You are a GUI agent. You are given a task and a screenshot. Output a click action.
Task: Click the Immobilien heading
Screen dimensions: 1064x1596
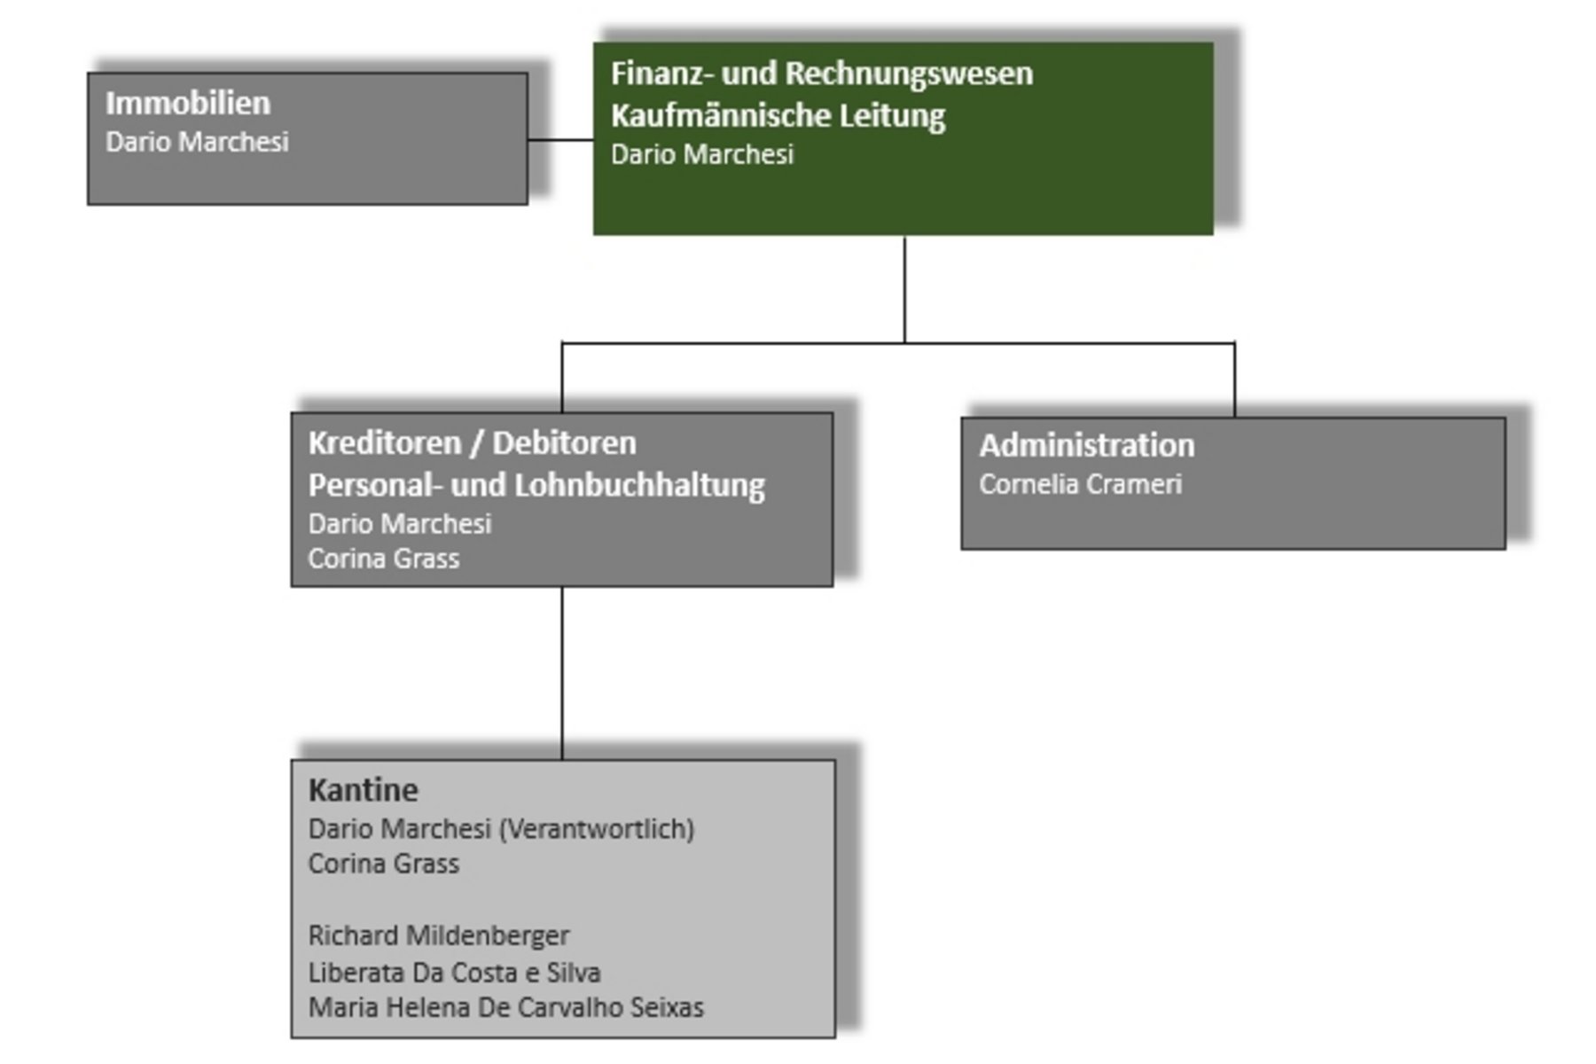coord(188,103)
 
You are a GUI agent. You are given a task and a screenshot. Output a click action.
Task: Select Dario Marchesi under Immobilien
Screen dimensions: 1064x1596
coord(197,142)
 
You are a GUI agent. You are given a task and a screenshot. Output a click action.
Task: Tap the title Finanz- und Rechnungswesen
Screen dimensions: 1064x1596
coord(821,73)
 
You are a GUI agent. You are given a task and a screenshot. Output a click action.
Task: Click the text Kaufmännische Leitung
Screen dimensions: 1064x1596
coord(778,115)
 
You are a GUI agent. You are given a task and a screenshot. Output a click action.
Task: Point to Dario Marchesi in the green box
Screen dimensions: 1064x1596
coord(701,154)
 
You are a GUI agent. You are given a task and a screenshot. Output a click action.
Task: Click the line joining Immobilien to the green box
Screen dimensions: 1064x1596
coord(560,139)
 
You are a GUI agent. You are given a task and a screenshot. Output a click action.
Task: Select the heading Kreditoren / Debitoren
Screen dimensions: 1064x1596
coord(472,442)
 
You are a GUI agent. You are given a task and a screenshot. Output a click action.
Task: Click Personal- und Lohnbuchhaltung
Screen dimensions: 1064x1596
coord(536,485)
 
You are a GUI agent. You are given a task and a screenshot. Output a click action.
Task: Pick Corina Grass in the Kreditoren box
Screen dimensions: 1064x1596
coord(383,559)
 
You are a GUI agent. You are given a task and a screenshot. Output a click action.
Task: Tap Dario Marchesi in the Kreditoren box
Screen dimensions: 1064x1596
coord(399,524)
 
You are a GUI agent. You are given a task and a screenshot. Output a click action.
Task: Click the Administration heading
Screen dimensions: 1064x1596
coord(1086,445)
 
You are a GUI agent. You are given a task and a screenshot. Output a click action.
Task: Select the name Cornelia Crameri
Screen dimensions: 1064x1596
coord(1080,484)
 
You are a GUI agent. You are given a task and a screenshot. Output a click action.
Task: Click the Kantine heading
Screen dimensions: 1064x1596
coord(363,789)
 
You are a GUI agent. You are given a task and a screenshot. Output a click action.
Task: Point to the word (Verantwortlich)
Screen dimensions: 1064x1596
coord(597,829)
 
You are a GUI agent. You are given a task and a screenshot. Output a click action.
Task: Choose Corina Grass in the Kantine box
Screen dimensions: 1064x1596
coord(383,864)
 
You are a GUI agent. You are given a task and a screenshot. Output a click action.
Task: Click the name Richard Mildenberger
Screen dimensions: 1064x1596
coord(438,935)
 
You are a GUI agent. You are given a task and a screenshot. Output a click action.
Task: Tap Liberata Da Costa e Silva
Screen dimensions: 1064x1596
coord(454,973)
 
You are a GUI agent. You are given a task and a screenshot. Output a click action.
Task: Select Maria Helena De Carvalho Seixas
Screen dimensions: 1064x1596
coord(505,1008)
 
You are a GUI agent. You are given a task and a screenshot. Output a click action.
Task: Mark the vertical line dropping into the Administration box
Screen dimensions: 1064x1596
coord(1234,379)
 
